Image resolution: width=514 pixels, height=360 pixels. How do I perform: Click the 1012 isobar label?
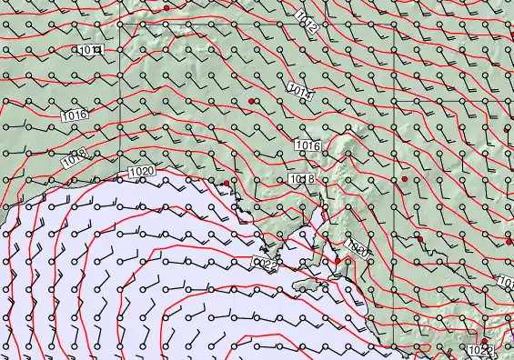coord(307,24)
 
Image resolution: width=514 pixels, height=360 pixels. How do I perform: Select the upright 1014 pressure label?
coord(89,49)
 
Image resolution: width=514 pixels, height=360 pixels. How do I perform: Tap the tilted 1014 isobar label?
coord(299,90)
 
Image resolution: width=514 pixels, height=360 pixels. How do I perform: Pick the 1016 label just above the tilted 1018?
coord(76,115)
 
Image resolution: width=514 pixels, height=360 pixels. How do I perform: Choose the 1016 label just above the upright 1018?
coord(307,145)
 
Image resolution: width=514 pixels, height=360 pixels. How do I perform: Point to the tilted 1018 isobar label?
coord(75,157)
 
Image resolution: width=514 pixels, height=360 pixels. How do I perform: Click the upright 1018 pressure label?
coord(301,179)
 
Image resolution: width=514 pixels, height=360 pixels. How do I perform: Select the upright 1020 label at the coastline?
coord(142,170)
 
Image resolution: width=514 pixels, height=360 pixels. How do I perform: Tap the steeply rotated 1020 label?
coord(358,249)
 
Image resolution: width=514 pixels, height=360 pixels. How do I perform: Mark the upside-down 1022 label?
coord(265,264)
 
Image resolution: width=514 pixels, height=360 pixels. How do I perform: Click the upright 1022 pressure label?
coord(482,350)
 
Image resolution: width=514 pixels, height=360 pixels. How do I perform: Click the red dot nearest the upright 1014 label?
coord(166,7)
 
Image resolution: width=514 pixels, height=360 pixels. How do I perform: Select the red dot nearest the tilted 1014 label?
coord(250,98)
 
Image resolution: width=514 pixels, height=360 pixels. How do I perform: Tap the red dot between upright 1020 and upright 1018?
coord(227,184)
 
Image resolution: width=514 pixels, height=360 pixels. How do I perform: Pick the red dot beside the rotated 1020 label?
coord(337,261)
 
